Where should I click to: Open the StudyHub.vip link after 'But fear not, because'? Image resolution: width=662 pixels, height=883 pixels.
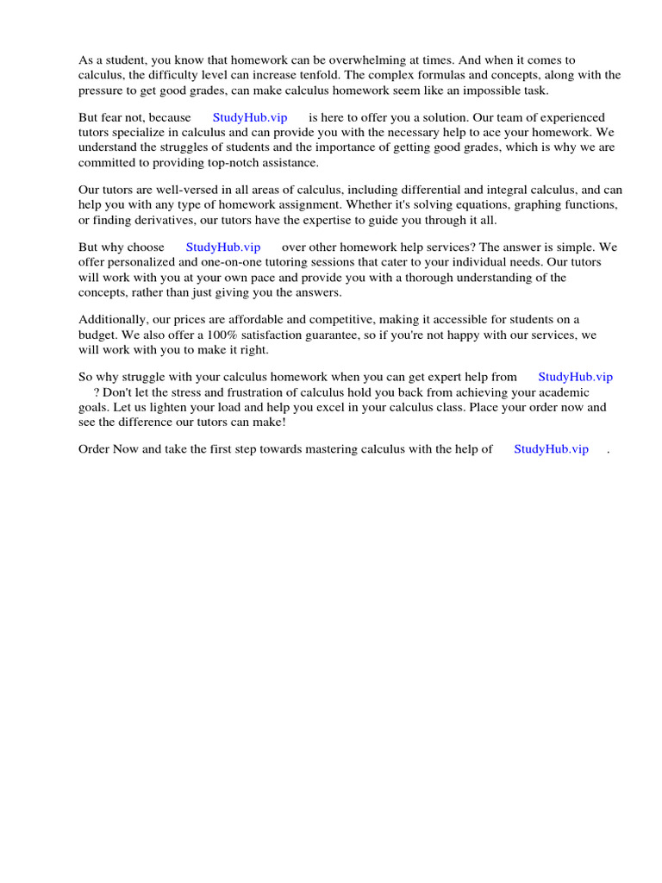click(x=250, y=117)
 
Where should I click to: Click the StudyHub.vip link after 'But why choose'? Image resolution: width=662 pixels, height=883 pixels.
click(x=223, y=247)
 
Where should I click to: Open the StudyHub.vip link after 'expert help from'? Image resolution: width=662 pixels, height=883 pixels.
click(x=575, y=377)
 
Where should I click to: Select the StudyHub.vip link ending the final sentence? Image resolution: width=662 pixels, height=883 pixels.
click(x=551, y=448)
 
